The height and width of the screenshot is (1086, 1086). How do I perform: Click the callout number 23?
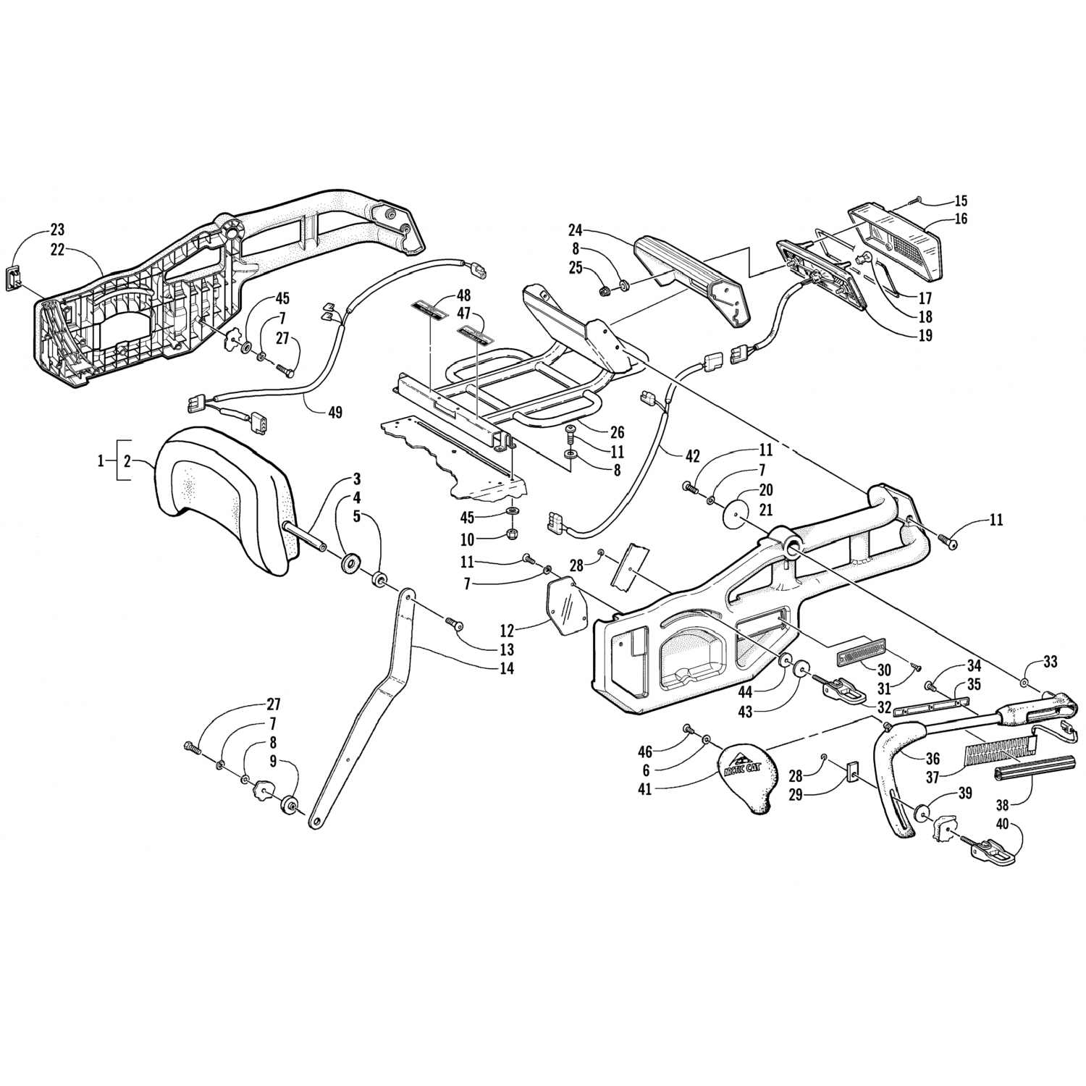57,230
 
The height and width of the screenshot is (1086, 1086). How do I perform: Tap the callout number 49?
334,413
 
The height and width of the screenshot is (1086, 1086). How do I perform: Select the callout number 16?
961,219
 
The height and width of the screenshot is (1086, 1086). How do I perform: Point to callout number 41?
644,788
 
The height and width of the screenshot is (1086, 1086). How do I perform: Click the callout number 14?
506,668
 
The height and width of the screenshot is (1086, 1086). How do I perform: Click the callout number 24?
575,232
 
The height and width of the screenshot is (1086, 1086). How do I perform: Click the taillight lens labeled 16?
898,243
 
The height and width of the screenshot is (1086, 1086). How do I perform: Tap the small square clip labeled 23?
17,278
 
